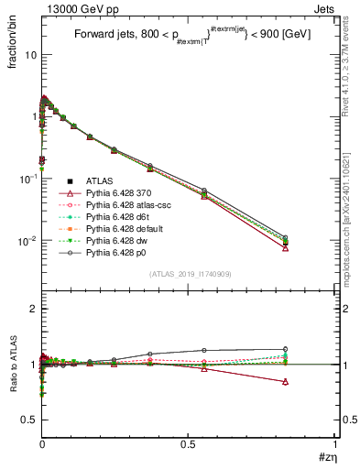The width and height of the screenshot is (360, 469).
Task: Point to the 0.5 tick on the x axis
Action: click(x=189, y=445)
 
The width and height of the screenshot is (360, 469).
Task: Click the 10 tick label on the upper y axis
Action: click(x=29, y=55)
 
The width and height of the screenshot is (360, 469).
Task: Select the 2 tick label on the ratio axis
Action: click(x=32, y=310)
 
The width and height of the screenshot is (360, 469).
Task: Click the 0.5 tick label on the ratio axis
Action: click(x=27, y=420)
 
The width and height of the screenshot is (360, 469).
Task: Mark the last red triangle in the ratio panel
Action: click(x=311, y=381)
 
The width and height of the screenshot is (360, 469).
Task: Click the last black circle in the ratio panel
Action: click(x=311, y=349)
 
